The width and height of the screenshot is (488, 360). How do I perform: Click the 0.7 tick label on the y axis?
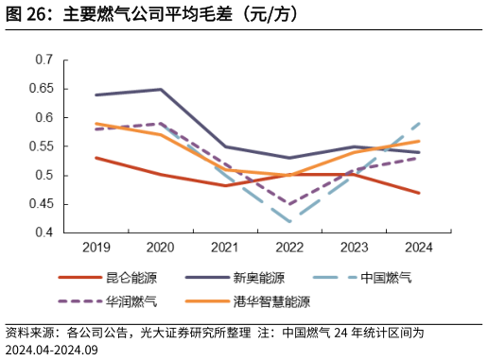44,60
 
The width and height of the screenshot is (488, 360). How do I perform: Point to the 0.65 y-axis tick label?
41,89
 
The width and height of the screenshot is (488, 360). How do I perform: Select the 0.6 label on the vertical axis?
44,118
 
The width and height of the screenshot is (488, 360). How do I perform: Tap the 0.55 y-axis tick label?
41,146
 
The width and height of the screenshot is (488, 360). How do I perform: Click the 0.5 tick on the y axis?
44,176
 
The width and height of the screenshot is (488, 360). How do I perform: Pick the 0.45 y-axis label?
41,204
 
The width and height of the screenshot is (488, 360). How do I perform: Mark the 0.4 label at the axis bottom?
44,232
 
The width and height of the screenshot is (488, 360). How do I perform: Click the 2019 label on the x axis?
96,249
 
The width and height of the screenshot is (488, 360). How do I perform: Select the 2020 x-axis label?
161,249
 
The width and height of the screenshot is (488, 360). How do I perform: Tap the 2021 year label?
225,249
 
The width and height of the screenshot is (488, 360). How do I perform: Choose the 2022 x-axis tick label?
289,249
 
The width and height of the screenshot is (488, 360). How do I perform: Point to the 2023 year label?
354,249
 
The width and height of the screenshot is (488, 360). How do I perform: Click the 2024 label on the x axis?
418,249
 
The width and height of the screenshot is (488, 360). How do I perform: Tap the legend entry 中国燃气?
386,279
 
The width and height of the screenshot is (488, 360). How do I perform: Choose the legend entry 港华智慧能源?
271,302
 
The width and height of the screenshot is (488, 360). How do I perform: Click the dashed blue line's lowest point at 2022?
289,221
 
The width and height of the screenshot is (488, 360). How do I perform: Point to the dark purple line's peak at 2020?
161,90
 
